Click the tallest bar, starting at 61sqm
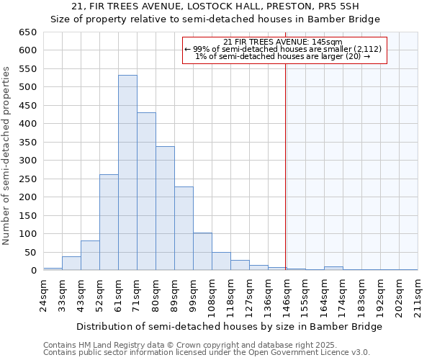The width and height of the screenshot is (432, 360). pyautogui.click(x=127, y=173)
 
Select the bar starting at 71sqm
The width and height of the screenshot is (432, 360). pyautogui.click(x=146, y=192)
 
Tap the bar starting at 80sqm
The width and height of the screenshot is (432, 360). pyautogui.click(x=165, y=208)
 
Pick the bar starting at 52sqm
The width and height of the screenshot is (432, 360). pyautogui.click(x=109, y=222)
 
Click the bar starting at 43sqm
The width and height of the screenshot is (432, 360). pyautogui.click(x=90, y=256)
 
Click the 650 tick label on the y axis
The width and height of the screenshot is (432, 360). pyautogui.click(x=27, y=32)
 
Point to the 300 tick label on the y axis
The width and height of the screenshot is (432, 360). pyautogui.click(x=27, y=161)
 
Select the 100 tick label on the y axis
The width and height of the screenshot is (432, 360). pyautogui.click(x=27, y=234)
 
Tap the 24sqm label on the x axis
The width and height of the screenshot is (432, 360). pyautogui.click(x=44, y=294)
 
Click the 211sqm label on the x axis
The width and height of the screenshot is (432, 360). pyautogui.click(x=418, y=294)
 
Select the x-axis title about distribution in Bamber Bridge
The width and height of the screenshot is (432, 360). pyautogui.click(x=229, y=326)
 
